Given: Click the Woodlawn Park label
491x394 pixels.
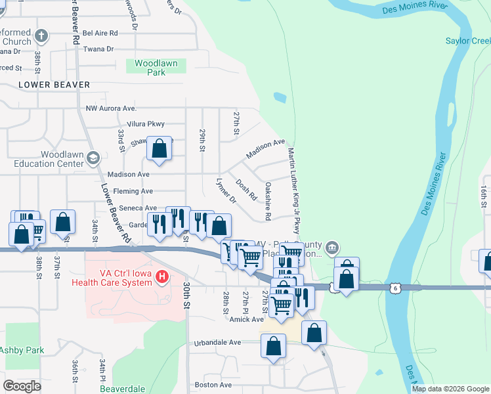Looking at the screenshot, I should pyautogui.click(x=156, y=68).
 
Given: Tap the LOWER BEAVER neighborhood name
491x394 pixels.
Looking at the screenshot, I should pyautogui.click(x=54, y=85).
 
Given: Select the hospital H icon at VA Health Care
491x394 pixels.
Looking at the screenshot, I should pyautogui.click(x=161, y=278).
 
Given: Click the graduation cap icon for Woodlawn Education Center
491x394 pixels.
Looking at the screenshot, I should pyautogui.click(x=93, y=158).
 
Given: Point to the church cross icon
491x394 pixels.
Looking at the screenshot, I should pyautogui.click(x=41, y=36).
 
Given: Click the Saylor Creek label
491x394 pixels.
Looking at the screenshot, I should pyautogui.click(x=467, y=41).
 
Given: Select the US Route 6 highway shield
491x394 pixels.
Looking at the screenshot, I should pyautogui.click(x=394, y=288).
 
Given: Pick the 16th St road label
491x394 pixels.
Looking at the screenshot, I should pyautogui.click(x=483, y=197).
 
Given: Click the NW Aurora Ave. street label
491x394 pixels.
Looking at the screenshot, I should pyautogui.click(x=111, y=108).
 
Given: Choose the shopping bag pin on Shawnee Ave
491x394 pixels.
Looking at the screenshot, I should pyautogui.click(x=160, y=150).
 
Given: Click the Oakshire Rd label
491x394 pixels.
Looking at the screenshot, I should pyautogui.click(x=268, y=201).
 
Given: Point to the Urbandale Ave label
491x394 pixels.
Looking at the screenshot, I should pyautogui.click(x=218, y=343).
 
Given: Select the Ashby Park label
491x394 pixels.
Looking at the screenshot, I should pyautogui.click(x=22, y=350).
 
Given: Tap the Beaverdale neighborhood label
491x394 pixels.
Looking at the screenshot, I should pyautogui.click(x=121, y=389).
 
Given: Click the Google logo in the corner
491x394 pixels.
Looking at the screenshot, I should pyautogui.click(x=22, y=385).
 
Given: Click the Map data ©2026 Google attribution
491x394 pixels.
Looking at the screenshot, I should pyautogui.click(x=450, y=389).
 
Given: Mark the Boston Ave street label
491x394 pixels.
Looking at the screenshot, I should pyautogui.click(x=213, y=385).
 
